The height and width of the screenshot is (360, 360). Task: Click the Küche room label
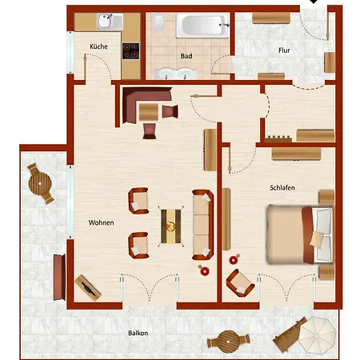98,46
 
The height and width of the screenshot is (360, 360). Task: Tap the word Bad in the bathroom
186,56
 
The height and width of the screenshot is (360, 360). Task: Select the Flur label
284,50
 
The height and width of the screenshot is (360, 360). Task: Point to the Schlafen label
282,188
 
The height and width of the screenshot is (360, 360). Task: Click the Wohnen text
101,222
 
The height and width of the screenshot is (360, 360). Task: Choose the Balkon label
138,333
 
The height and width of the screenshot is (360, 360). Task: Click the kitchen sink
110,22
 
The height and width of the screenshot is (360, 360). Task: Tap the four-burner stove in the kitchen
130,51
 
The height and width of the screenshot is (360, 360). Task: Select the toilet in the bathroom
159,22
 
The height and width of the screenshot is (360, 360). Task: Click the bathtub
202,26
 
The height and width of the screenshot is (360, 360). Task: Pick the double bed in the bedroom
300,234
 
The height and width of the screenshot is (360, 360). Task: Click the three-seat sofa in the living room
202,225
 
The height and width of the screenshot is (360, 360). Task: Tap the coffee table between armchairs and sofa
170,226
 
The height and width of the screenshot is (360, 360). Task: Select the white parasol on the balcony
317,334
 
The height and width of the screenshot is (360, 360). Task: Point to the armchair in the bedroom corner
240,283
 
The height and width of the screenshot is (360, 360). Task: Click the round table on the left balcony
40,183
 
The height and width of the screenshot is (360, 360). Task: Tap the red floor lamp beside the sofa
204,270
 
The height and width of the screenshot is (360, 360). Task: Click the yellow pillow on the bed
317,240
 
